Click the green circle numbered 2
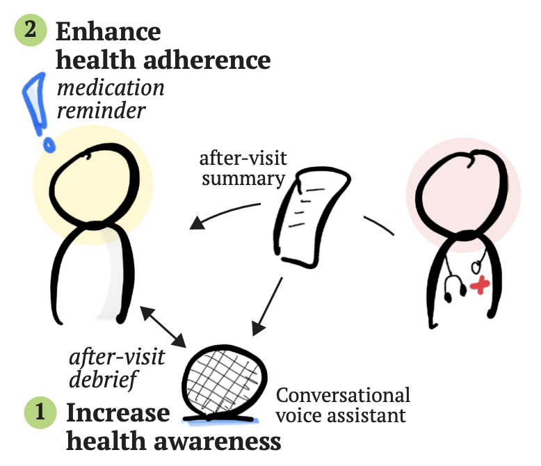tap(31, 32)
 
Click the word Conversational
tap(343, 396)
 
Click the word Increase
tap(118, 413)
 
